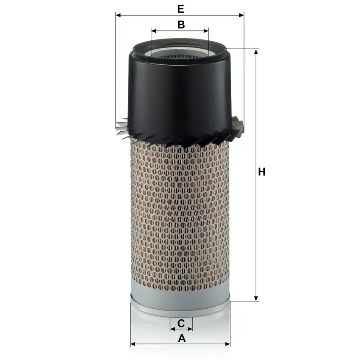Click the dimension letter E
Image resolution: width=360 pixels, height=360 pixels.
tap(181, 9)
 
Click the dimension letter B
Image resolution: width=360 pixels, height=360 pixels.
tap(181, 25)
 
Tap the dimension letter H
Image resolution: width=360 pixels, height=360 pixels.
tap(262, 172)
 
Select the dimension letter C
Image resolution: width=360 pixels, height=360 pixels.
tap(181, 323)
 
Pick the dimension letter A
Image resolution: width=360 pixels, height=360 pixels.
tap(182, 338)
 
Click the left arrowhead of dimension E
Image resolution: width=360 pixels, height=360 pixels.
tap(118, 15)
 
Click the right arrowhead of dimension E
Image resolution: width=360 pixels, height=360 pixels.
tap(241, 15)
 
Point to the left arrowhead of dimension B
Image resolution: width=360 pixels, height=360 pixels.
tap(154, 31)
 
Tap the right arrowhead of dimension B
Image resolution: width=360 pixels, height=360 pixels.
tap(206, 31)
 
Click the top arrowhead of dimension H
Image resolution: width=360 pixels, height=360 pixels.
tap(256, 52)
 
